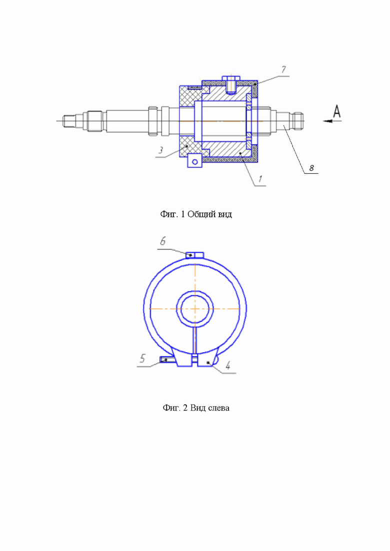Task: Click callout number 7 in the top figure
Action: [283, 70]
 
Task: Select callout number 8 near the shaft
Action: [311, 168]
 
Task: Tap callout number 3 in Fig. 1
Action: [160, 150]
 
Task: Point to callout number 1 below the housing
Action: [260, 179]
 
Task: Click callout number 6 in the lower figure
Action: [163, 241]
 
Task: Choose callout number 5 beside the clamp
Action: [142, 359]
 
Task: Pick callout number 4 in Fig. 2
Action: [228, 366]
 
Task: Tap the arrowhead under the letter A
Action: [328, 121]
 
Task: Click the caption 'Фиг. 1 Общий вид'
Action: [196, 214]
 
